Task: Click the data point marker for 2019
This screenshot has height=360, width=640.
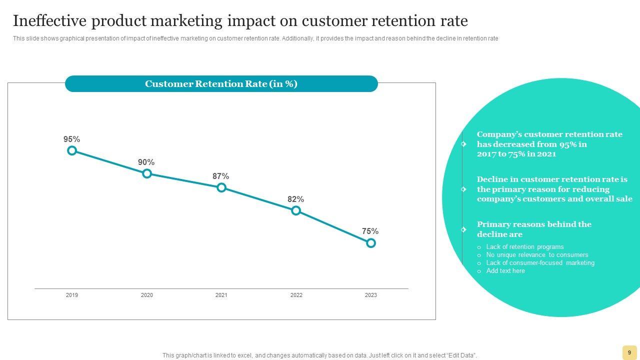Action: click(72, 150)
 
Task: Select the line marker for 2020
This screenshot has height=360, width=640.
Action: click(146, 173)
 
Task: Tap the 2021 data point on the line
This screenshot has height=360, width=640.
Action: click(221, 187)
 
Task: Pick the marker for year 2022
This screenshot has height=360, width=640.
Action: click(296, 210)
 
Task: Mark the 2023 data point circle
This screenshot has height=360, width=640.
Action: click(370, 243)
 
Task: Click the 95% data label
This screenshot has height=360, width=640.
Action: click(71, 139)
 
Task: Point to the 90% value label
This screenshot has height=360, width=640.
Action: click(146, 162)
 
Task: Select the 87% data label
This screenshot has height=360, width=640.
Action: click(220, 176)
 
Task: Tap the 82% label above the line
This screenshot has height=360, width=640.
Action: click(295, 199)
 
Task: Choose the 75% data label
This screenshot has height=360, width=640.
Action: click(370, 231)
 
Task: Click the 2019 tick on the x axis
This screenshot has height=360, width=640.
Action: click(72, 295)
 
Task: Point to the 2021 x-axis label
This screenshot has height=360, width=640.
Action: click(221, 295)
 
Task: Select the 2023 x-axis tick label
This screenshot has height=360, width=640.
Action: click(370, 295)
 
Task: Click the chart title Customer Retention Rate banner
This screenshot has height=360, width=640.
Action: click(221, 84)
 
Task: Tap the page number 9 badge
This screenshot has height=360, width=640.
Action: click(629, 352)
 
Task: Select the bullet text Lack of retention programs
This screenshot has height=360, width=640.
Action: click(525, 247)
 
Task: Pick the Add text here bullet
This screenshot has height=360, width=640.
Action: click(505, 271)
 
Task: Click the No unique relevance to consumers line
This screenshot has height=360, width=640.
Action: click(537, 255)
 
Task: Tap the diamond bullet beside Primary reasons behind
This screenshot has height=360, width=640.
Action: click(463, 229)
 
